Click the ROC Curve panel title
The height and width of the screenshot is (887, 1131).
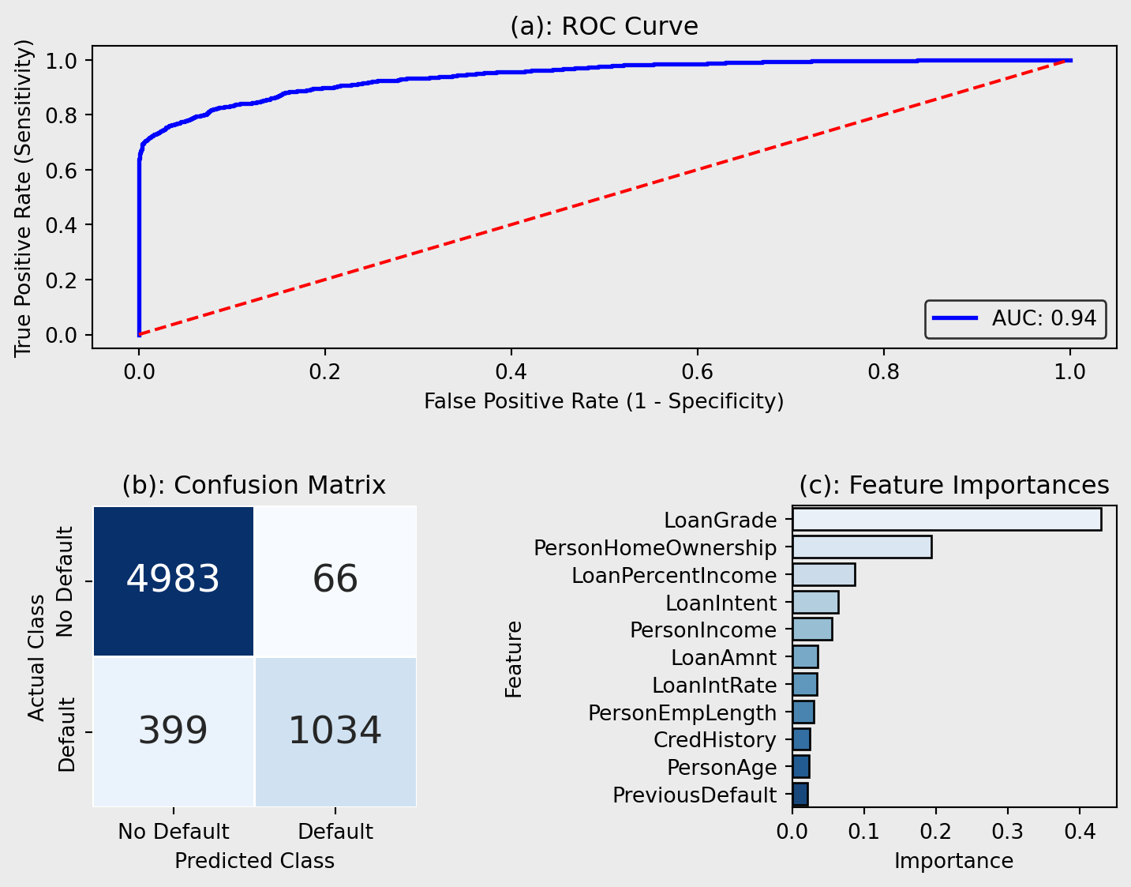click(604, 27)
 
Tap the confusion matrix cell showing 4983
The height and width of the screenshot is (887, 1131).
click(174, 581)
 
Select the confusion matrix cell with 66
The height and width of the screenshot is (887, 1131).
click(335, 581)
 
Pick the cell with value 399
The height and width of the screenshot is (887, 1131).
click(174, 731)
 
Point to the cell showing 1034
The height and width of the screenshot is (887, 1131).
click(335, 731)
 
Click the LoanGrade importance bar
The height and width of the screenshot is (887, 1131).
click(946, 520)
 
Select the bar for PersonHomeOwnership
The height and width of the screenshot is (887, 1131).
click(862, 547)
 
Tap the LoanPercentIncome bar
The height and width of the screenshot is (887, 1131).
click(823, 575)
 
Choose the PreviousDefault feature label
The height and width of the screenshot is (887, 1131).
click(695, 795)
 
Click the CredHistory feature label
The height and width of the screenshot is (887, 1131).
click(715, 740)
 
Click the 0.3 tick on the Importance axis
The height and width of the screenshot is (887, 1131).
click(1008, 832)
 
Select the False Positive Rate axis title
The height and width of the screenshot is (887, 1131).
click(604, 402)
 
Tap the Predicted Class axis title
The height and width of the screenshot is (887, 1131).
click(254, 861)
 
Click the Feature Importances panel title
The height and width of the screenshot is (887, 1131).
click(953, 485)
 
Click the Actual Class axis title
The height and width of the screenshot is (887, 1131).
click(37, 657)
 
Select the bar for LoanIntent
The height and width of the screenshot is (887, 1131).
click(815, 603)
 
